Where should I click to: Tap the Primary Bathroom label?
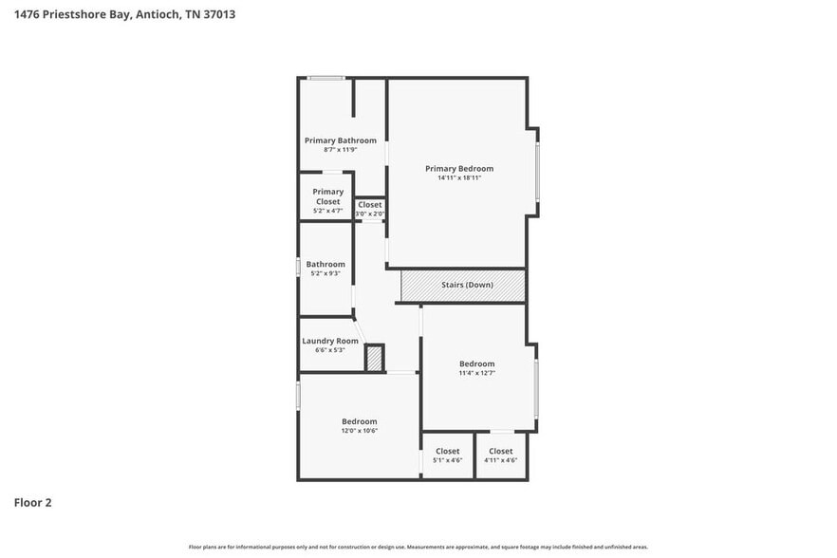340,140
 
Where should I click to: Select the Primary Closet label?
327,192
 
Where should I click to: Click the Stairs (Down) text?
467,285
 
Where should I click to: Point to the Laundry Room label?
329,341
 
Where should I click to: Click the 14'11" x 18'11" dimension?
459,178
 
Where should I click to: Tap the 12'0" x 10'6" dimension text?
359,431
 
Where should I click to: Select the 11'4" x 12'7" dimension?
476,373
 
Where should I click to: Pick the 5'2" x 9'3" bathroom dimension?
325,273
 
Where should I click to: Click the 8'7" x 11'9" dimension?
340,150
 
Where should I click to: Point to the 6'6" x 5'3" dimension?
329,350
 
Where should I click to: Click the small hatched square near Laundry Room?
374,359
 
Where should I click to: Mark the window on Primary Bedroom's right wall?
537,171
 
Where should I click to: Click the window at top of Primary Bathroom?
325,78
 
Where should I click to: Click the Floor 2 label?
32,502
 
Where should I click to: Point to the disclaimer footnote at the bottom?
418,547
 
